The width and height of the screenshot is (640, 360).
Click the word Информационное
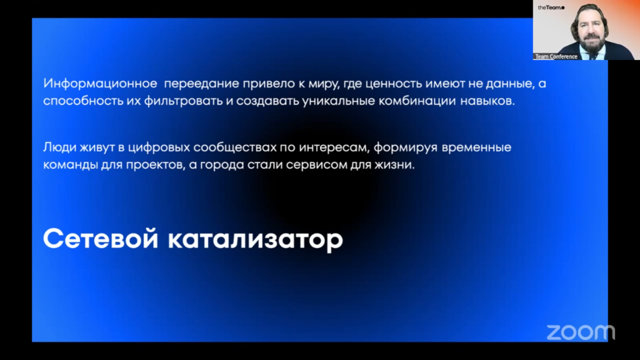click(x=100, y=84)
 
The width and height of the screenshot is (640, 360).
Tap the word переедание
click(x=202, y=84)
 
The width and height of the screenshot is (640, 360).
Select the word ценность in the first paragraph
click(x=394, y=84)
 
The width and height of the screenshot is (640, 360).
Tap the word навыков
click(x=487, y=101)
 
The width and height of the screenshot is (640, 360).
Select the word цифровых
click(x=159, y=147)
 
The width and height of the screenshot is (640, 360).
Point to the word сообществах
click(x=235, y=147)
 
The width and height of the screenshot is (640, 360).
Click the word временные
click(x=476, y=147)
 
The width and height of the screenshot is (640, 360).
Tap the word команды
click(x=71, y=165)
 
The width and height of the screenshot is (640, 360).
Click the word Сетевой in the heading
click(x=101, y=239)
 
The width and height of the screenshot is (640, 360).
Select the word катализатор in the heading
click(x=256, y=239)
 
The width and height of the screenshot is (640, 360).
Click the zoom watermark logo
click(x=581, y=332)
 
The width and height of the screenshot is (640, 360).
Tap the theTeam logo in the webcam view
click(x=551, y=7)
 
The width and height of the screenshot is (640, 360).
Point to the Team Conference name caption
click(x=556, y=57)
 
